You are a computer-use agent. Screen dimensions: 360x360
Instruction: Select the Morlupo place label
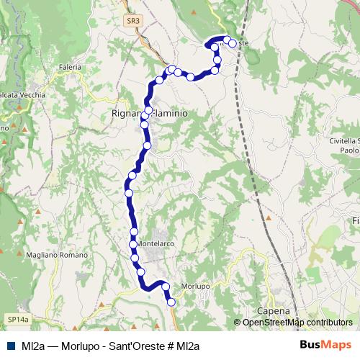click(195, 286)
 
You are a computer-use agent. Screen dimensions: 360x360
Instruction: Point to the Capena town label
click(273, 311)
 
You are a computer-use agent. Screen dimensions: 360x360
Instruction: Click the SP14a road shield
click(17, 318)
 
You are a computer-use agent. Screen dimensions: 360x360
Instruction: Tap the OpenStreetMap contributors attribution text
click(297, 323)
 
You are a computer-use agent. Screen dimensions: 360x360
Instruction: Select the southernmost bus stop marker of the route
click(171, 302)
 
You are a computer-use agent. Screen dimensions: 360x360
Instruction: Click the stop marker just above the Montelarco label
click(135, 231)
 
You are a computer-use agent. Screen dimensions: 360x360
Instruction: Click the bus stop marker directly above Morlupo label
click(166, 287)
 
